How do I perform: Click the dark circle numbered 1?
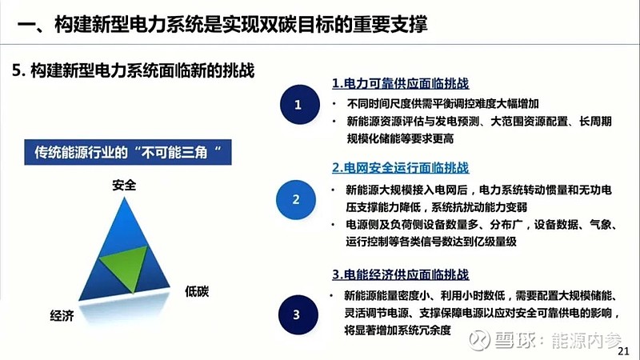[x=299, y=105]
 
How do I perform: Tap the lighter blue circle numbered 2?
[x=296, y=199]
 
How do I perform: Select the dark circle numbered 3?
[x=298, y=314]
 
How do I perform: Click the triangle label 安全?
[x=124, y=185]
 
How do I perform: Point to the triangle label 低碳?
[x=197, y=291]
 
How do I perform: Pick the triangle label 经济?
[x=62, y=315]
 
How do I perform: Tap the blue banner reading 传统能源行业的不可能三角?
[x=128, y=152]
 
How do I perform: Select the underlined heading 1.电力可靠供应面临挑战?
[x=401, y=83]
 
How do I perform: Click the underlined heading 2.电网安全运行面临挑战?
[x=401, y=168]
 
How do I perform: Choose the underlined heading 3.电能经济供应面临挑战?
[x=401, y=274]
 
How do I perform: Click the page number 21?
[x=623, y=351]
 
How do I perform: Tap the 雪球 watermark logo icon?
[x=479, y=341]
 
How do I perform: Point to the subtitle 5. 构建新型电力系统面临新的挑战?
[x=133, y=70]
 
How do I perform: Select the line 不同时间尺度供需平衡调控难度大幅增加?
[x=443, y=104]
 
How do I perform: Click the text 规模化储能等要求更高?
[x=400, y=138]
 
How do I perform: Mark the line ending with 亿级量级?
[x=431, y=242]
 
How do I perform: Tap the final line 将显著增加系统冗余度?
[x=398, y=330]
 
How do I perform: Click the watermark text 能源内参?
[x=586, y=341]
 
